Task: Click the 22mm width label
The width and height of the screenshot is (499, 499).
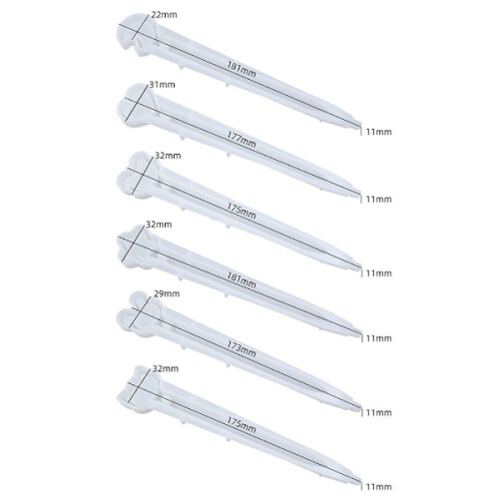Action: click(164, 15)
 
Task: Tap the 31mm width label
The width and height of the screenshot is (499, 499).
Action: click(162, 85)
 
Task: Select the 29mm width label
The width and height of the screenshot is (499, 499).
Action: click(167, 293)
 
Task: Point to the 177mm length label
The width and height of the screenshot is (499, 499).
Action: click(242, 140)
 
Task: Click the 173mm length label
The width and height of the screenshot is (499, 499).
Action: click(242, 349)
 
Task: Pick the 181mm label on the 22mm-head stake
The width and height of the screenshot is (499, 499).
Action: click(242, 69)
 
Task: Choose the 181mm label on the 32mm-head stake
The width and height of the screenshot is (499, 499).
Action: click(242, 280)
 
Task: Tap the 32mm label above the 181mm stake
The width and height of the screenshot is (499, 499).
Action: click(159, 225)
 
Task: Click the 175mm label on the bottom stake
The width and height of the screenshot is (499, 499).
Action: click(242, 425)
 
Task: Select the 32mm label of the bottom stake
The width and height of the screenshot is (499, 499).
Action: click(166, 368)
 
